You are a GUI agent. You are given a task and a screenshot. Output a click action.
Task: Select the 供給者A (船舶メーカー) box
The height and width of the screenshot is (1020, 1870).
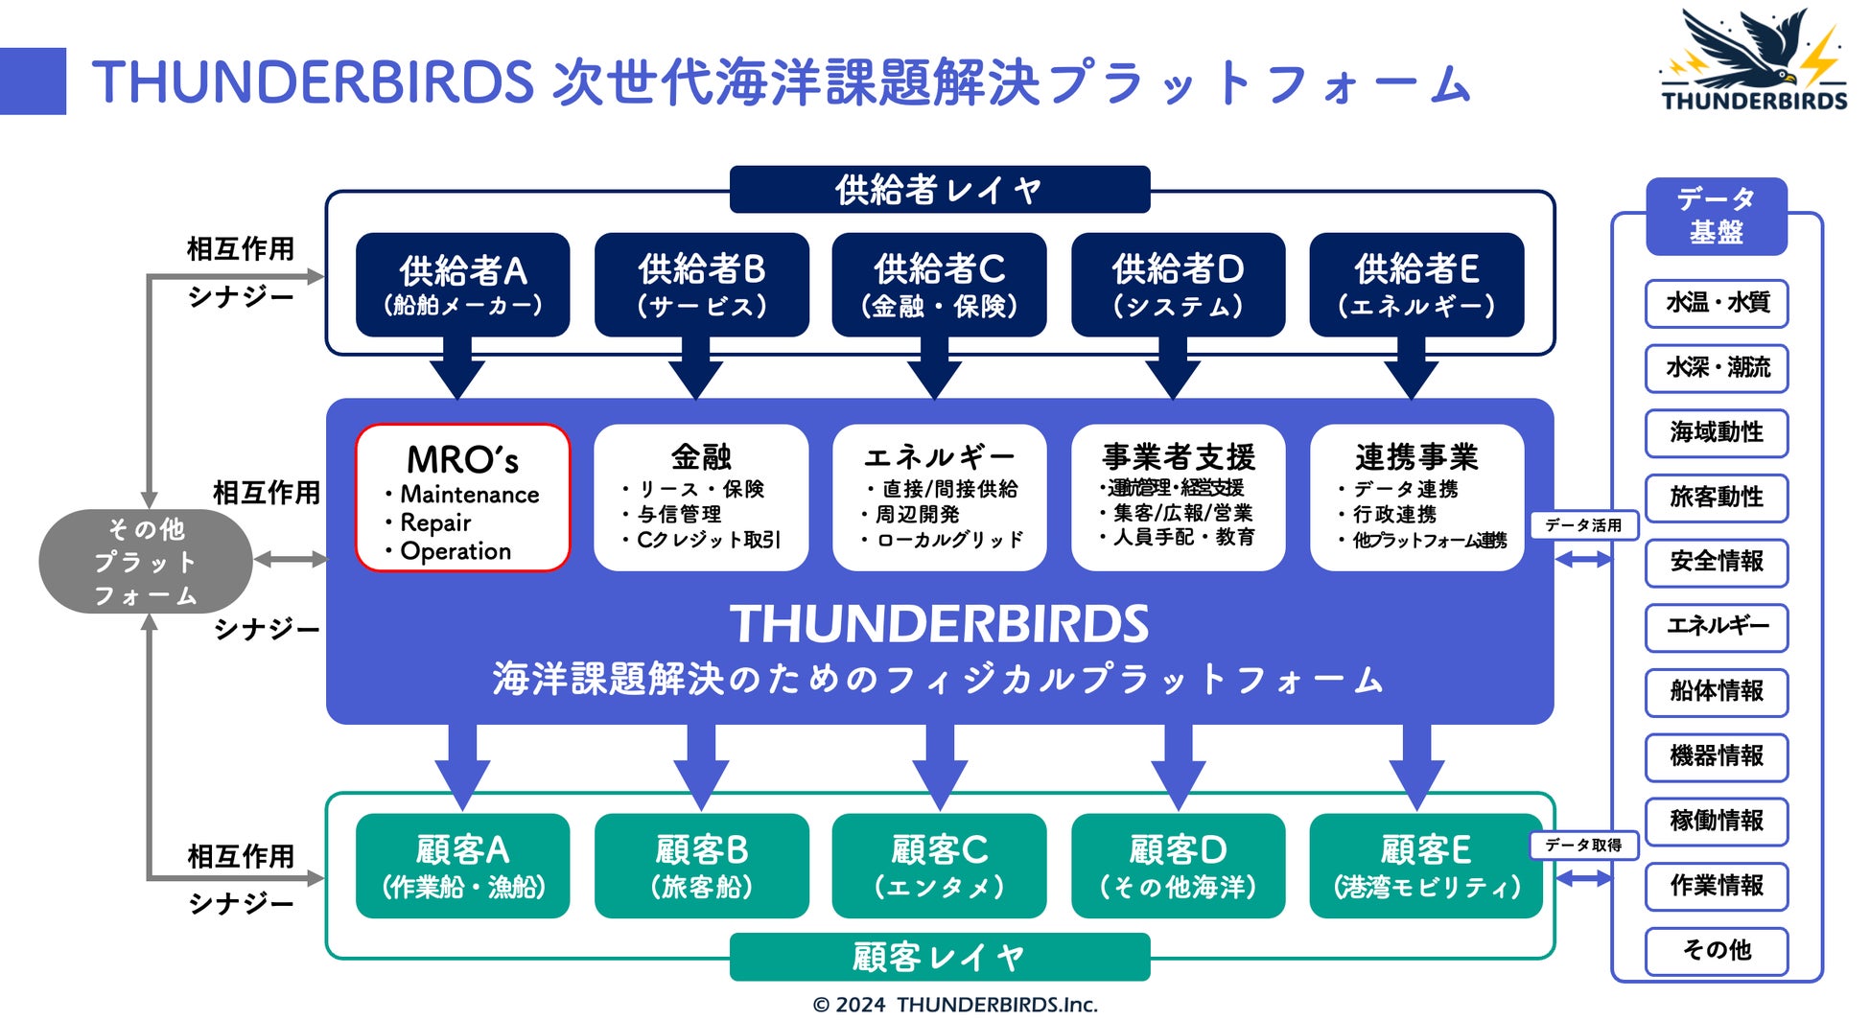point(462,285)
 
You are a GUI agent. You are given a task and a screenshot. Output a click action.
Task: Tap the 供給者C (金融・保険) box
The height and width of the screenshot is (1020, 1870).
point(939,285)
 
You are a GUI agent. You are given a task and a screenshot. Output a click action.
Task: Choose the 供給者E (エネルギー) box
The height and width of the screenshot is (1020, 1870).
point(1416,285)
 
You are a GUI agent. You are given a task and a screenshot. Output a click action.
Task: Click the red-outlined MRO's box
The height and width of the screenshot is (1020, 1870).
point(462,498)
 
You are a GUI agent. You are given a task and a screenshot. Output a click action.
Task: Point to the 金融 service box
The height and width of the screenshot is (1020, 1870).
point(701,498)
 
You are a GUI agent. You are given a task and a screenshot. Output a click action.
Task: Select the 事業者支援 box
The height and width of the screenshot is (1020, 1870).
point(1178,498)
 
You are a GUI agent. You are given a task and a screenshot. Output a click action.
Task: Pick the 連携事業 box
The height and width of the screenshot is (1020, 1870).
point(1416,498)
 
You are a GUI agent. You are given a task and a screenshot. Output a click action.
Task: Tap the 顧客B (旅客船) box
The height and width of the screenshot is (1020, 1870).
point(701,866)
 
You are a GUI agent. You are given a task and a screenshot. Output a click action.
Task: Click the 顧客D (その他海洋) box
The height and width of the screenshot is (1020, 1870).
point(1178,866)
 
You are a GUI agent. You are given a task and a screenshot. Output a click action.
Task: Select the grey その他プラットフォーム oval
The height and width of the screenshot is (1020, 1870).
point(146,561)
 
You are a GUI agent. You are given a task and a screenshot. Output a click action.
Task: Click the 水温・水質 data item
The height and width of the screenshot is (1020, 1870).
point(1717,303)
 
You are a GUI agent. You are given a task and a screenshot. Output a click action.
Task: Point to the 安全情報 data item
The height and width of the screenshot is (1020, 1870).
point(1717,562)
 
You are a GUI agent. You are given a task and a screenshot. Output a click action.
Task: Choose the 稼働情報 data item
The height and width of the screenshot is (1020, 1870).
point(1717,822)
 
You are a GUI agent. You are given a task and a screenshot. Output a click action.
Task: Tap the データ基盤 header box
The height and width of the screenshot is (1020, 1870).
point(1717,216)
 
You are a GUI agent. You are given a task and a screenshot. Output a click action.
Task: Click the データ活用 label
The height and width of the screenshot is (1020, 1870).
point(1583,525)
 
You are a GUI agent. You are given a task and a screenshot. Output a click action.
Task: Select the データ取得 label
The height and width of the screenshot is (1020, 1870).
point(1583,845)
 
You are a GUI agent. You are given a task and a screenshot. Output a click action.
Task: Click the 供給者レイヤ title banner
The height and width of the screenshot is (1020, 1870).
point(939,190)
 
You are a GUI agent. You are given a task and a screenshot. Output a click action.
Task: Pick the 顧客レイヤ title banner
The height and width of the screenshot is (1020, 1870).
point(939,957)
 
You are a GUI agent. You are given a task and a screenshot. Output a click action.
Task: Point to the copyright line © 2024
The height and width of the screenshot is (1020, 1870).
point(954,1005)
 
